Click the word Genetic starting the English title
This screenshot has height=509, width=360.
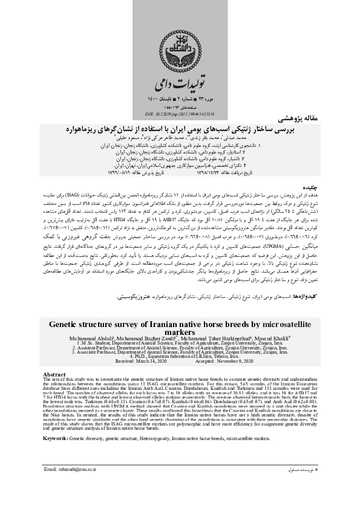(76, 323)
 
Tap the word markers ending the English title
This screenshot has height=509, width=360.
(180, 332)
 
